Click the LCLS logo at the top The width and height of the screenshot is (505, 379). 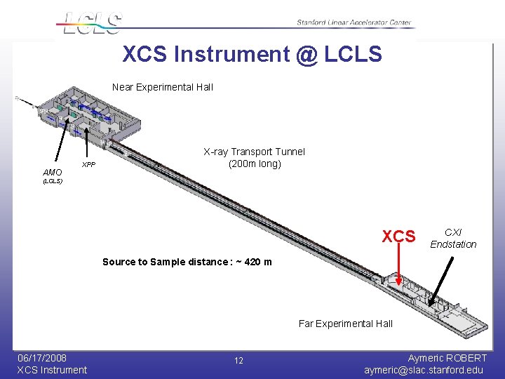click(91, 22)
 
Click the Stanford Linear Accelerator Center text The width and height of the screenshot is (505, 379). click(353, 22)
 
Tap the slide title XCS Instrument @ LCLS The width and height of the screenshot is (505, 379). click(252, 54)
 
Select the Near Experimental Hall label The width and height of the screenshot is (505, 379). click(162, 88)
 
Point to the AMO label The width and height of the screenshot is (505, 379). click(52, 172)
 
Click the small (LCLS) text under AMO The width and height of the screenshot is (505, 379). click(52, 181)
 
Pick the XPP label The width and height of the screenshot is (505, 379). click(88, 165)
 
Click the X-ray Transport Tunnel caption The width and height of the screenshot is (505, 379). click(254, 152)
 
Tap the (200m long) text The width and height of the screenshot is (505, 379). click(254, 164)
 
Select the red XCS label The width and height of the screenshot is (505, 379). click(398, 237)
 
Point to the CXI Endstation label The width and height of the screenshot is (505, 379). click(453, 239)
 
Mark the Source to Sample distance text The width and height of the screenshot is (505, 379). click(187, 262)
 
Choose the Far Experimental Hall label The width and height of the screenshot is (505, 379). click(345, 324)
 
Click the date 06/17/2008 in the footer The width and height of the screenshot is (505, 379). click(42, 358)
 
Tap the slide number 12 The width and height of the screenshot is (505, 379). click(238, 361)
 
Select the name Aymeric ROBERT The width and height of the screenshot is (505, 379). click(447, 358)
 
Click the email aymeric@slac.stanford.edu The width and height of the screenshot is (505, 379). click(424, 370)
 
